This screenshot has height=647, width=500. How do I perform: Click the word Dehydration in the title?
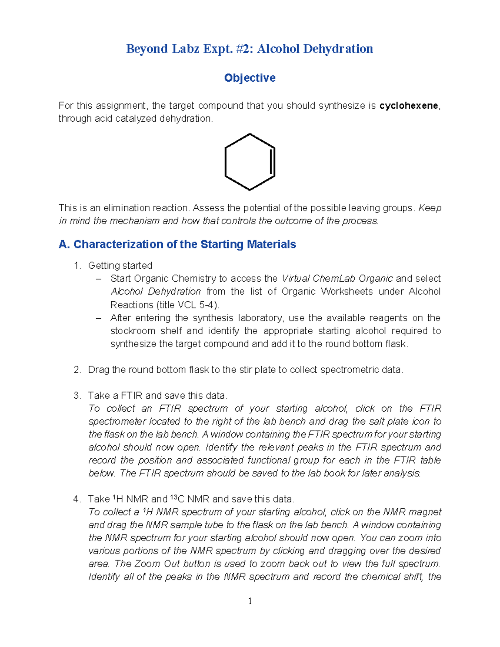point(338,49)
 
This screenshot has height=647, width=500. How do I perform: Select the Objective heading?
point(250,78)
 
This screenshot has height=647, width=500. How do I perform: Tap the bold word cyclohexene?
point(408,106)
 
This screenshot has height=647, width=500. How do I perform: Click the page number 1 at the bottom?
point(250,601)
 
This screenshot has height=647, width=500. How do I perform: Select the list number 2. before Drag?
point(77,370)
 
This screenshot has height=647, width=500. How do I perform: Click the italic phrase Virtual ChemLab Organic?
point(337,279)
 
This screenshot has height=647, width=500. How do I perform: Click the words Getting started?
point(120,266)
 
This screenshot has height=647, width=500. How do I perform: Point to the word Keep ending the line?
point(430,208)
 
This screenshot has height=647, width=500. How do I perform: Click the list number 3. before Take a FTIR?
point(77,396)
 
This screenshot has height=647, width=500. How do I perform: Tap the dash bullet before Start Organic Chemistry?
point(98,279)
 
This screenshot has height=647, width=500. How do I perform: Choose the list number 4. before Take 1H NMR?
point(77,499)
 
